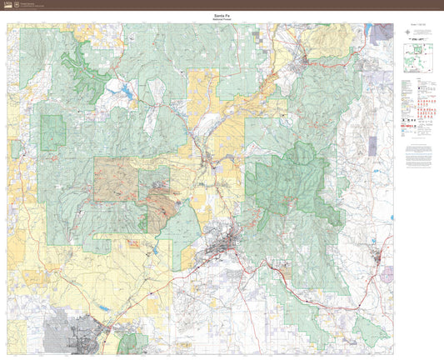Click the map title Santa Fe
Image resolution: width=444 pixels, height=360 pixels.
(201, 15)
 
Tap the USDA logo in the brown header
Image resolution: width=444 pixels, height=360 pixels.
(9, 5)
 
